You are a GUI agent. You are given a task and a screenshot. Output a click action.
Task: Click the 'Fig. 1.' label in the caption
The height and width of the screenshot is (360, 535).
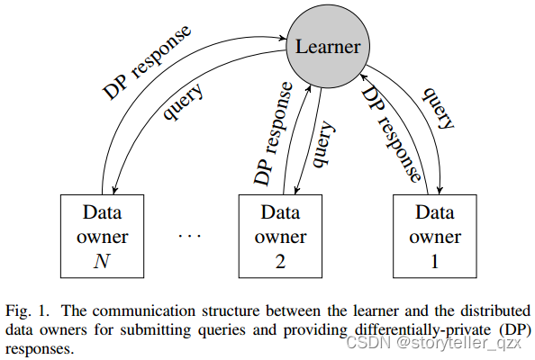pyautogui.click(x=23, y=308)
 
